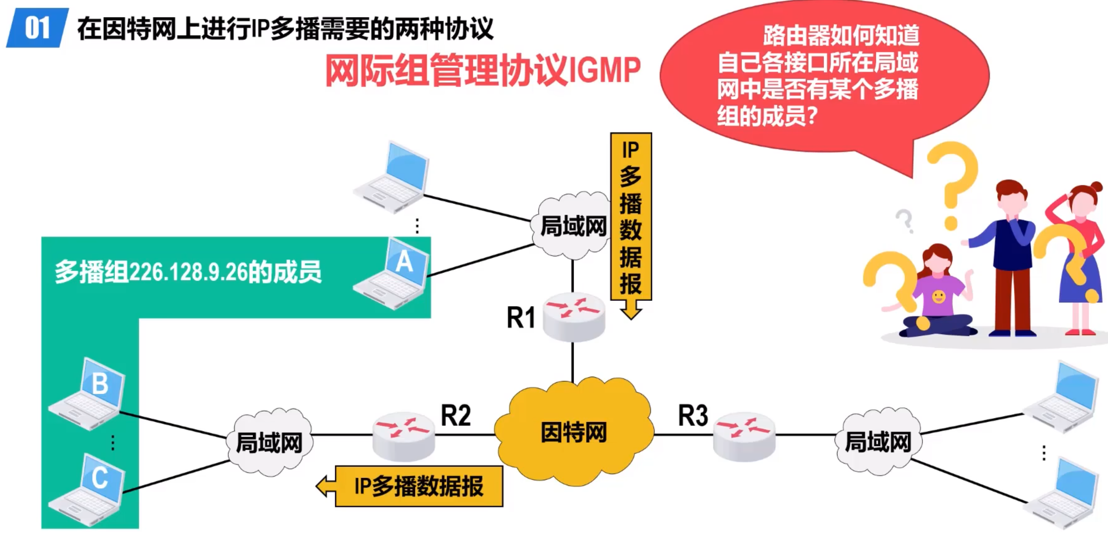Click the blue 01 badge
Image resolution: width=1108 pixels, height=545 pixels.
(x=37, y=28)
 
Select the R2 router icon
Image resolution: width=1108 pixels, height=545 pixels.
(x=404, y=435)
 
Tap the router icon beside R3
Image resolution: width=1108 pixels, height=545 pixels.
(x=744, y=435)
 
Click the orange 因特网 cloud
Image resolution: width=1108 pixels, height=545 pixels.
(x=574, y=432)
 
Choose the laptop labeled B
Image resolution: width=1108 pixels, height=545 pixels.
(x=89, y=394)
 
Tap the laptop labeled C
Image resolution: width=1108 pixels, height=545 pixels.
(x=89, y=490)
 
